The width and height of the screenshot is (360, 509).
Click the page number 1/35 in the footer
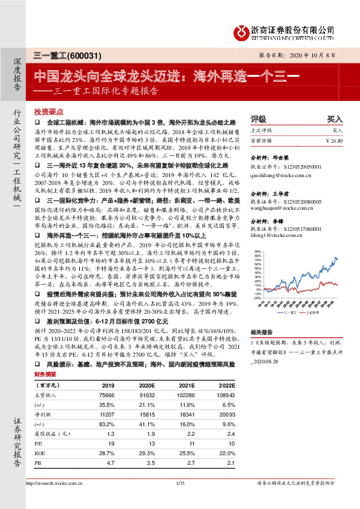pyautogui.click(x=179, y=483)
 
